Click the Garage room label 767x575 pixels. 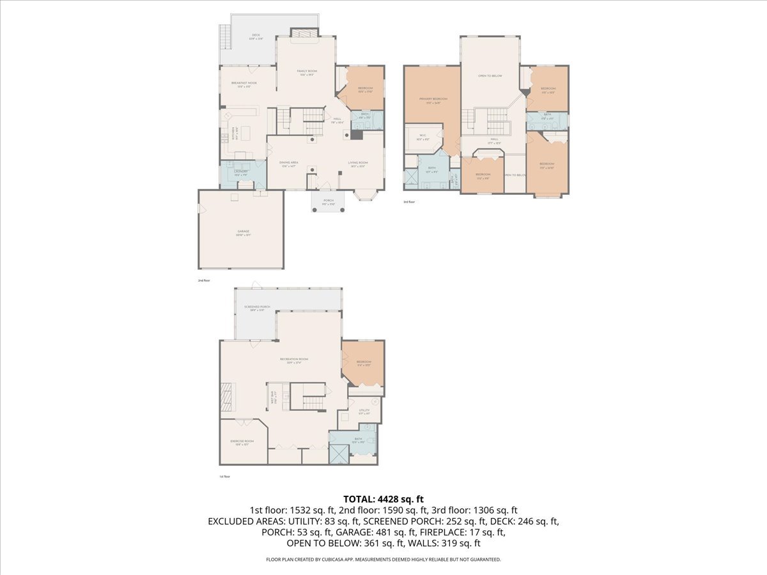pyautogui.click(x=244, y=231)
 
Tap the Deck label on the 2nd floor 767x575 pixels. pyautogui.click(x=256, y=35)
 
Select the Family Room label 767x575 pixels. pyautogui.click(x=307, y=71)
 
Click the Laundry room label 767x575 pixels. pyautogui.click(x=241, y=171)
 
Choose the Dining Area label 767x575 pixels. pyautogui.click(x=288, y=163)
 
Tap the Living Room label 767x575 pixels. pyautogui.click(x=358, y=163)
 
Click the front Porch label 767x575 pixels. pyautogui.click(x=329, y=201)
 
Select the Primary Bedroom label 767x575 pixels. pyautogui.click(x=433, y=99)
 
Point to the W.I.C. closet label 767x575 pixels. pyautogui.click(x=422, y=135)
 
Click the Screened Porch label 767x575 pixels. pyautogui.click(x=257, y=307)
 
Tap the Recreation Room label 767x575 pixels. pyautogui.click(x=294, y=359)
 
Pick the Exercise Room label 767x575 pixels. pyautogui.click(x=242, y=441)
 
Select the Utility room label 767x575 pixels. pyautogui.click(x=364, y=410)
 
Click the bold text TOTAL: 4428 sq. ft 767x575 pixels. pyautogui.click(x=383, y=499)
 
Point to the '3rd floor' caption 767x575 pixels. pyautogui.click(x=409, y=202)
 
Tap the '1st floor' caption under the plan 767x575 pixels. pyautogui.click(x=224, y=476)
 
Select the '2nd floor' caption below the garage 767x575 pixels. pyautogui.click(x=204, y=280)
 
